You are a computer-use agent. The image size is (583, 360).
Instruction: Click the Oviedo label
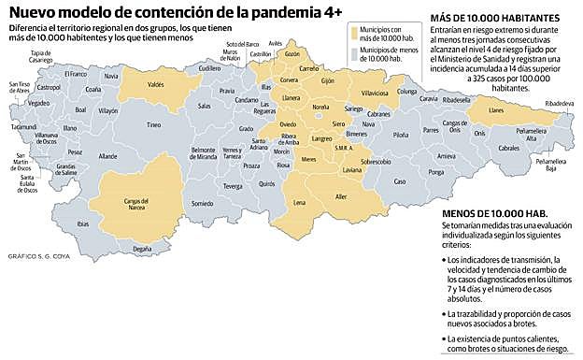[288, 124]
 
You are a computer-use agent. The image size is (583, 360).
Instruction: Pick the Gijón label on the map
[327, 81]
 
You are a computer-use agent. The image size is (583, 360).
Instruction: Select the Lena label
[299, 203]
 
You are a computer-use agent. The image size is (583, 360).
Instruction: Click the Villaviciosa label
[375, 94]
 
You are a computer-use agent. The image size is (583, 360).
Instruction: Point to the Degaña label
[141, 249]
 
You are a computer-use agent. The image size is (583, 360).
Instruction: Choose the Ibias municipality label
[83, 223]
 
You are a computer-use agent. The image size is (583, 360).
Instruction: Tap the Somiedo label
[202, 203]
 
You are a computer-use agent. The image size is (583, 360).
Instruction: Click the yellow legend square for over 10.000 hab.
[354, 33]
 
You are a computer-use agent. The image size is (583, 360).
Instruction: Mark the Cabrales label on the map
[508, 148]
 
